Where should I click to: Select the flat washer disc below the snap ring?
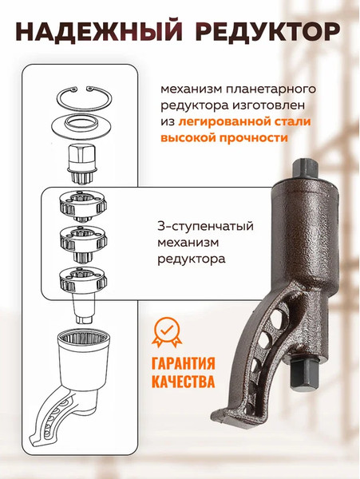82,126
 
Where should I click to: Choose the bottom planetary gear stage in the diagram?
82,279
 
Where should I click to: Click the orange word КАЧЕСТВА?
183,382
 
